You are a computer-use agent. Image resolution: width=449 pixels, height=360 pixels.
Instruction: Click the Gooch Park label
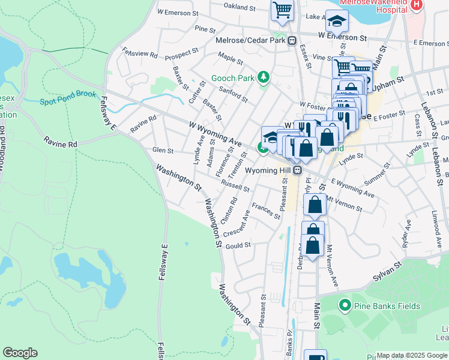(232, 79)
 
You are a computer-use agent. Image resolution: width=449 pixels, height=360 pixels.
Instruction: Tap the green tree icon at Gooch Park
(263, 77)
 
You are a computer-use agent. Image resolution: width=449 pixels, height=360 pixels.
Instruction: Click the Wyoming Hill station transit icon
(297, 170)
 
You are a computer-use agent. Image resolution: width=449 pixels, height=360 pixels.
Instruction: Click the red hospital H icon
(417, 5)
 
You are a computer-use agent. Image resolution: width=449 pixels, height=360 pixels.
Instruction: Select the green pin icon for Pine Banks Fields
(345, 306)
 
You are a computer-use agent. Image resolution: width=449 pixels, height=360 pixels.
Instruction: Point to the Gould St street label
(238, 245)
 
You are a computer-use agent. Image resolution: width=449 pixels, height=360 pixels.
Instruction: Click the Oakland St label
(240, 7)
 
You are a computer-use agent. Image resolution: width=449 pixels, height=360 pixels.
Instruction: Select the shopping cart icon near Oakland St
(282, 10)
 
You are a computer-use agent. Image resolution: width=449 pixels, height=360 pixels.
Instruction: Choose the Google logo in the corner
(20, 353)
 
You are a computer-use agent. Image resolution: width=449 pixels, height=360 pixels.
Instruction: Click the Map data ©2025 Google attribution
(412, 355)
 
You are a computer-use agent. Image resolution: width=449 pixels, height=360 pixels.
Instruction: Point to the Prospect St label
(181, 54)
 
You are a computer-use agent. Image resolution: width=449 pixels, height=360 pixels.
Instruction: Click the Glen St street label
(163, 151)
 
